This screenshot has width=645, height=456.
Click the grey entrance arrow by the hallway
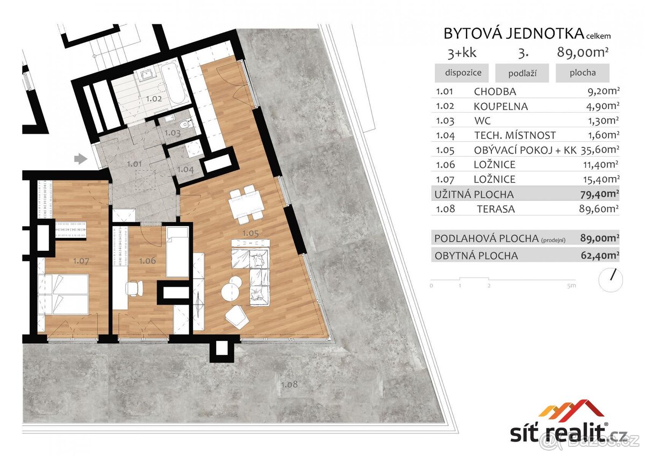tap(80, 158)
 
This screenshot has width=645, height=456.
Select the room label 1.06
tap(147, 261)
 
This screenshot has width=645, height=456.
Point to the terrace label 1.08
tap(289, 385)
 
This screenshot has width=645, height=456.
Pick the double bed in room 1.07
tap(63, 294)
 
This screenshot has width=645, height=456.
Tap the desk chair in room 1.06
tap(133, 288)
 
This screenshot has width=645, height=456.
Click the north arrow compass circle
tap(610, 280)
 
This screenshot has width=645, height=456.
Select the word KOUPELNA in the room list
tap(500, 106)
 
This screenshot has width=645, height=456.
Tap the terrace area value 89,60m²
tap(601, 209)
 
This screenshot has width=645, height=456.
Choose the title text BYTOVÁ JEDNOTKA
tap(513, 33)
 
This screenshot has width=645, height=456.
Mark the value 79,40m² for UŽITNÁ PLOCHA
tap(600, 194)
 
